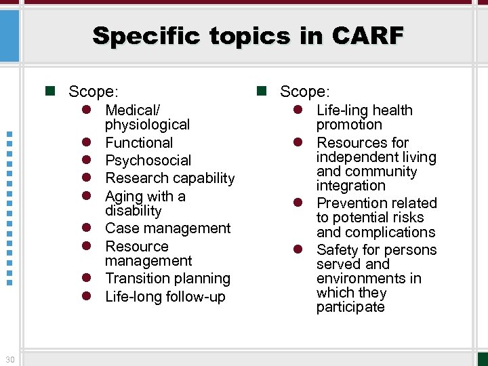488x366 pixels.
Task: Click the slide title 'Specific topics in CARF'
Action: point(247,35)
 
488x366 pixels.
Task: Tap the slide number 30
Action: point(9,359)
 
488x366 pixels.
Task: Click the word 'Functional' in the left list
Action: point(139,143)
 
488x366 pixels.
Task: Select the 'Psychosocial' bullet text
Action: point(148,161)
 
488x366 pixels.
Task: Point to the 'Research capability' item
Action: point(169,178)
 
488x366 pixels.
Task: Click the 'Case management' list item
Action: point(167,228)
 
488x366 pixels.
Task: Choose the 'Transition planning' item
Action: point(167,279)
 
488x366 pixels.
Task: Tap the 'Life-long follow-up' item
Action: point(165,297)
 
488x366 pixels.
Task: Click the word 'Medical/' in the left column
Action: point(133,110)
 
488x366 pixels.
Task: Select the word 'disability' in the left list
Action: point(133,211)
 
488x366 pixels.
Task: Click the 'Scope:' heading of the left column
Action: point(94,91)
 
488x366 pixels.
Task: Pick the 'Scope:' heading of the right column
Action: point(305,91)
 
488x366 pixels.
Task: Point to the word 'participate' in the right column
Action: point(350,307)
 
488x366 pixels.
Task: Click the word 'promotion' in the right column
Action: point(349,125)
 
